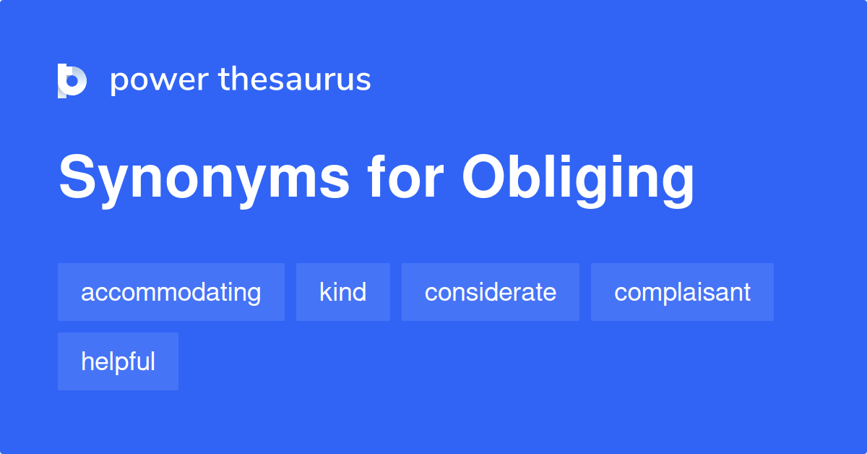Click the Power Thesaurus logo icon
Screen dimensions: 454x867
(72, 80)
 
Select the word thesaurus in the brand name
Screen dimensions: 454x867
(295, 80)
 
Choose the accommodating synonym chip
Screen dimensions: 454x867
(171, 292)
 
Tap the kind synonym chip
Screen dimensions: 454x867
(343, 292)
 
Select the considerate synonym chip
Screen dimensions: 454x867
(491, 292)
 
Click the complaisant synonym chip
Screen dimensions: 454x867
(682, 292)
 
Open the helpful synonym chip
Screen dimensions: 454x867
(118, 361)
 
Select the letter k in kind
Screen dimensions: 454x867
(326, 292)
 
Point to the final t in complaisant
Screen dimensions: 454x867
(746, 293)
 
